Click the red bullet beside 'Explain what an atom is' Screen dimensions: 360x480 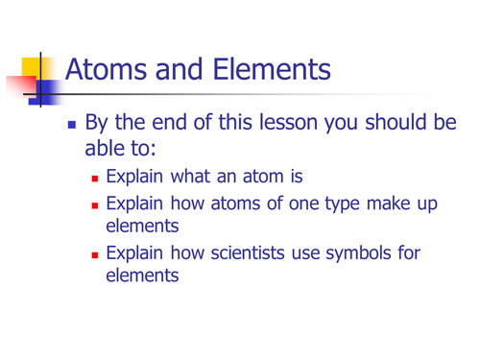[x=94, y=179]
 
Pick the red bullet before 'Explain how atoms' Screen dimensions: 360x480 [x=94, y=206]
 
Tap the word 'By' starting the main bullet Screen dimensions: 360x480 [x=98, y=124]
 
